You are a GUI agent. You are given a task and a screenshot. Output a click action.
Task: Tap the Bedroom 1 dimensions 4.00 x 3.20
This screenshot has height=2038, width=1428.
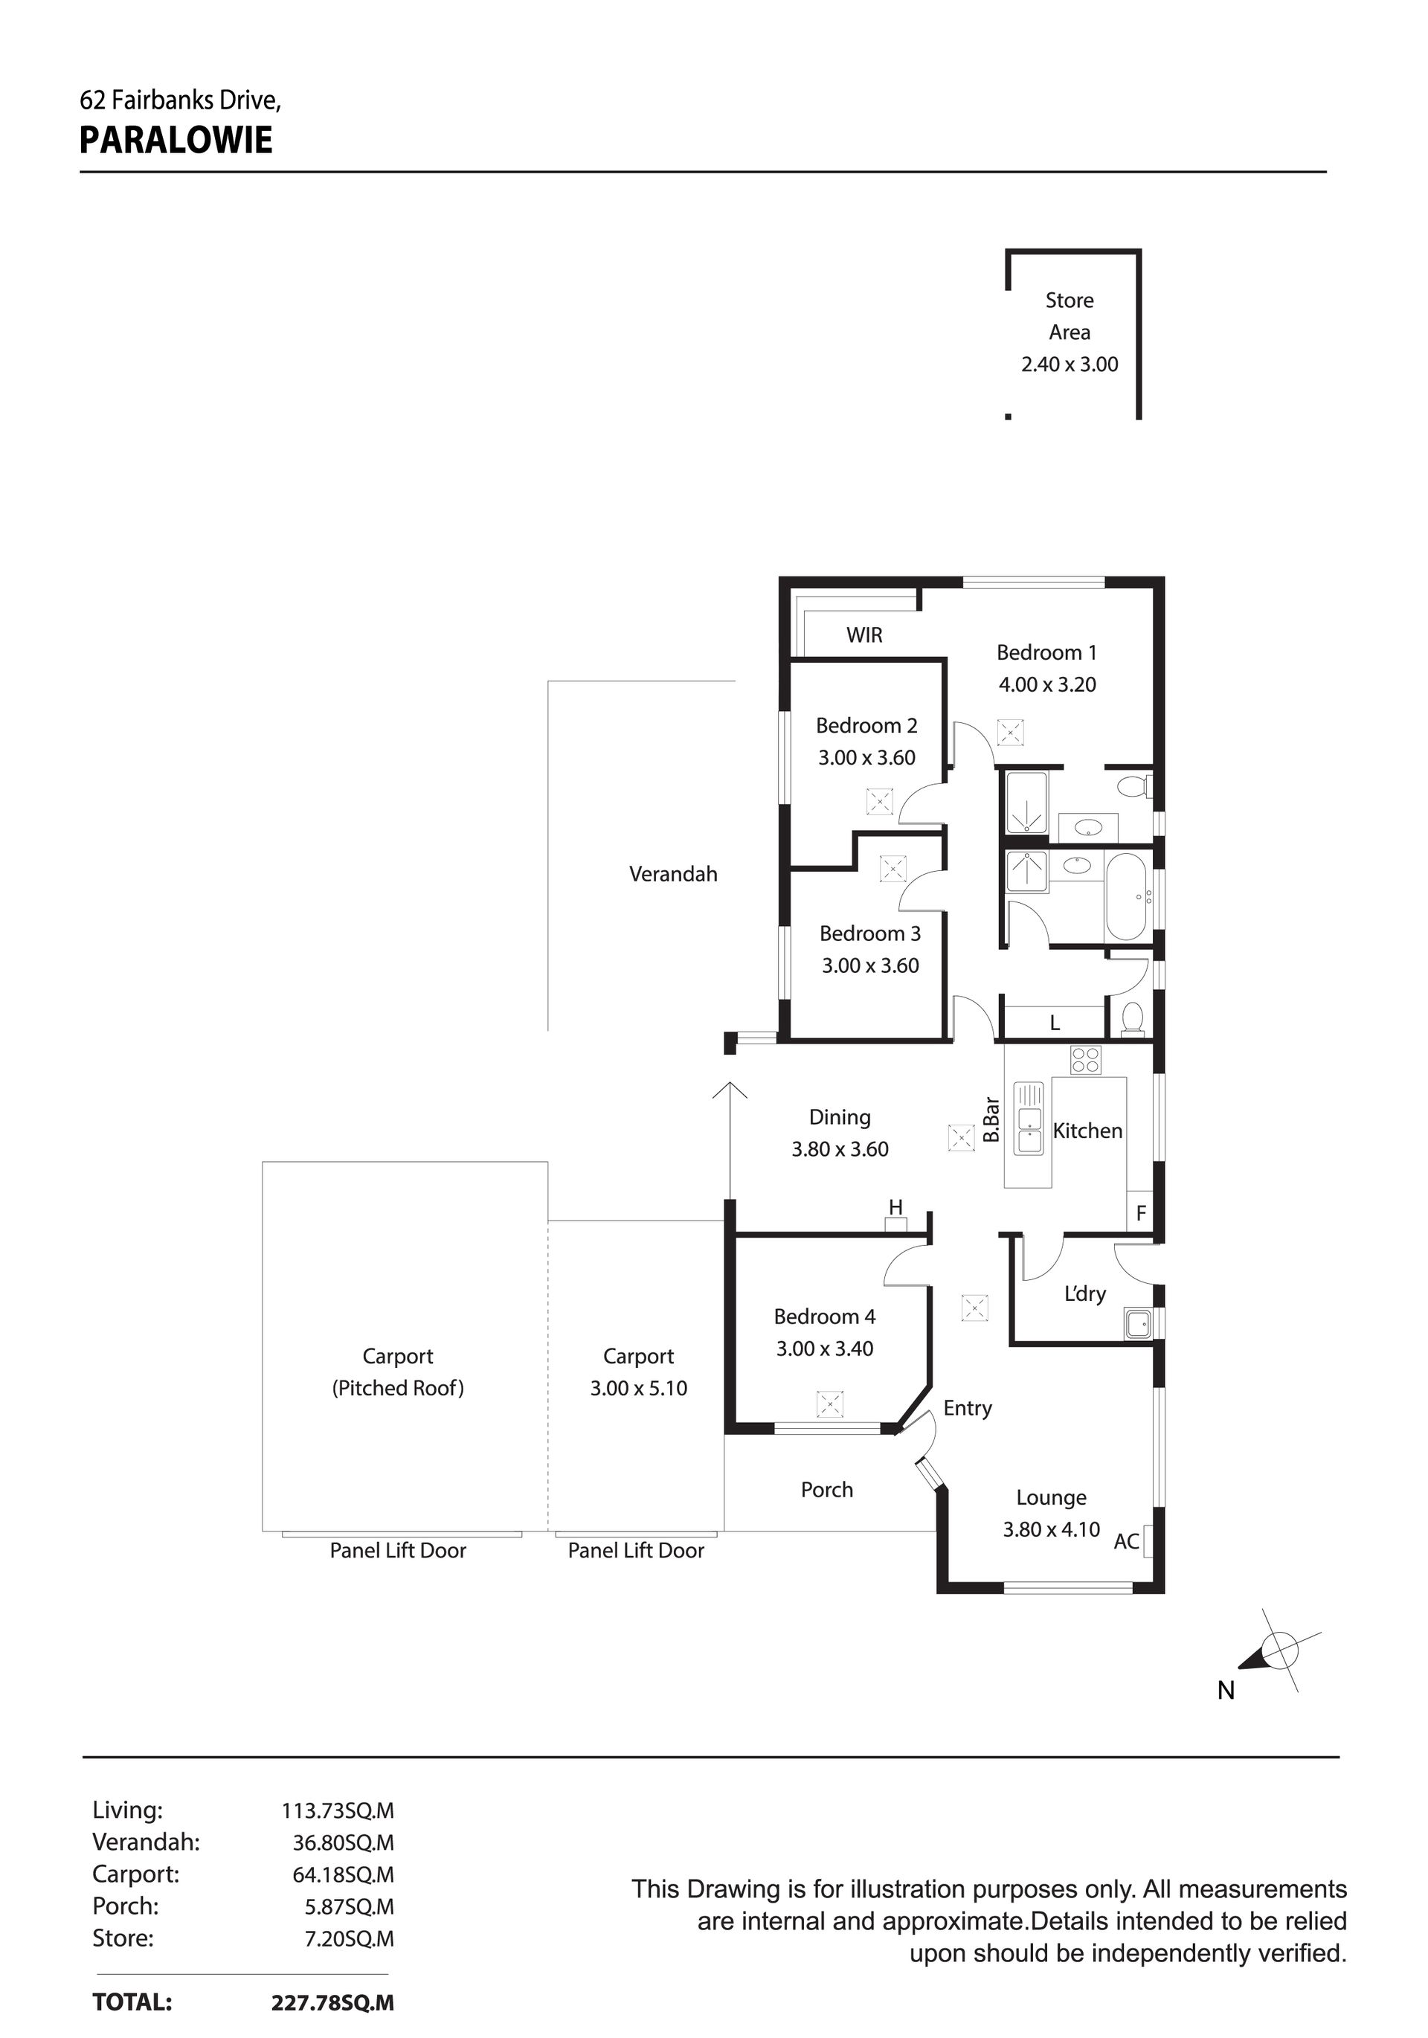pyautogui.click(x=1047, y=684)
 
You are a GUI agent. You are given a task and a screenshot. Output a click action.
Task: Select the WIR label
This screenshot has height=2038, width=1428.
pyautogui.click(x=864, y=634)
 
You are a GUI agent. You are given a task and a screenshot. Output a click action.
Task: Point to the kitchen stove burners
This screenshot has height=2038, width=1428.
pyautogui.click(x=1085, y=1060)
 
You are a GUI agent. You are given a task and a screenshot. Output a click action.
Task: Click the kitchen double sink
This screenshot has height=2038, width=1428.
pyautogui.click(x=1029, y=1119)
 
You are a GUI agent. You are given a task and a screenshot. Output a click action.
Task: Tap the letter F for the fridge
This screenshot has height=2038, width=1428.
pyautogui.click(x=1142, y=1212)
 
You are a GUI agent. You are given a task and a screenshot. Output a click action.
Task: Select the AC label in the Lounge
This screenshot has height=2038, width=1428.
pyautogui.click(x=1126, y=1542)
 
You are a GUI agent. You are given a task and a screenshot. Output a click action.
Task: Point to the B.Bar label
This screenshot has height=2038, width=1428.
pyautogui.click(x=991, y=1120)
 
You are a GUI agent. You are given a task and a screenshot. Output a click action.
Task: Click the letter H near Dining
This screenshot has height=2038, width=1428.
pyautogui.click(x=896, y=1207)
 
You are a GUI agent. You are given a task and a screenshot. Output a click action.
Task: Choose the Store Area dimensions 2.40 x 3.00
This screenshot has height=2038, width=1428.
pyautogui.click(x=1070, y=364)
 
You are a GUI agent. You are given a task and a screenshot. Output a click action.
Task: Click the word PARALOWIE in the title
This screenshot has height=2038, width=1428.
pyautogui.click(x=176, y=141)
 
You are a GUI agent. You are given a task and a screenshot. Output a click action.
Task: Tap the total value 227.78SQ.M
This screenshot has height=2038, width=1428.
pyautogui.click(x=332, y=2002)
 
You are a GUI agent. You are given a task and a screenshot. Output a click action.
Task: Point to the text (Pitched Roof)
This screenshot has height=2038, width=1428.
pyautogui.click(x=398, y=1388)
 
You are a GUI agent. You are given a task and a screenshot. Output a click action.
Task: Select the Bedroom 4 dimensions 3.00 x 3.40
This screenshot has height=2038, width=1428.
pyautogui.click(x=825, y=1349)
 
